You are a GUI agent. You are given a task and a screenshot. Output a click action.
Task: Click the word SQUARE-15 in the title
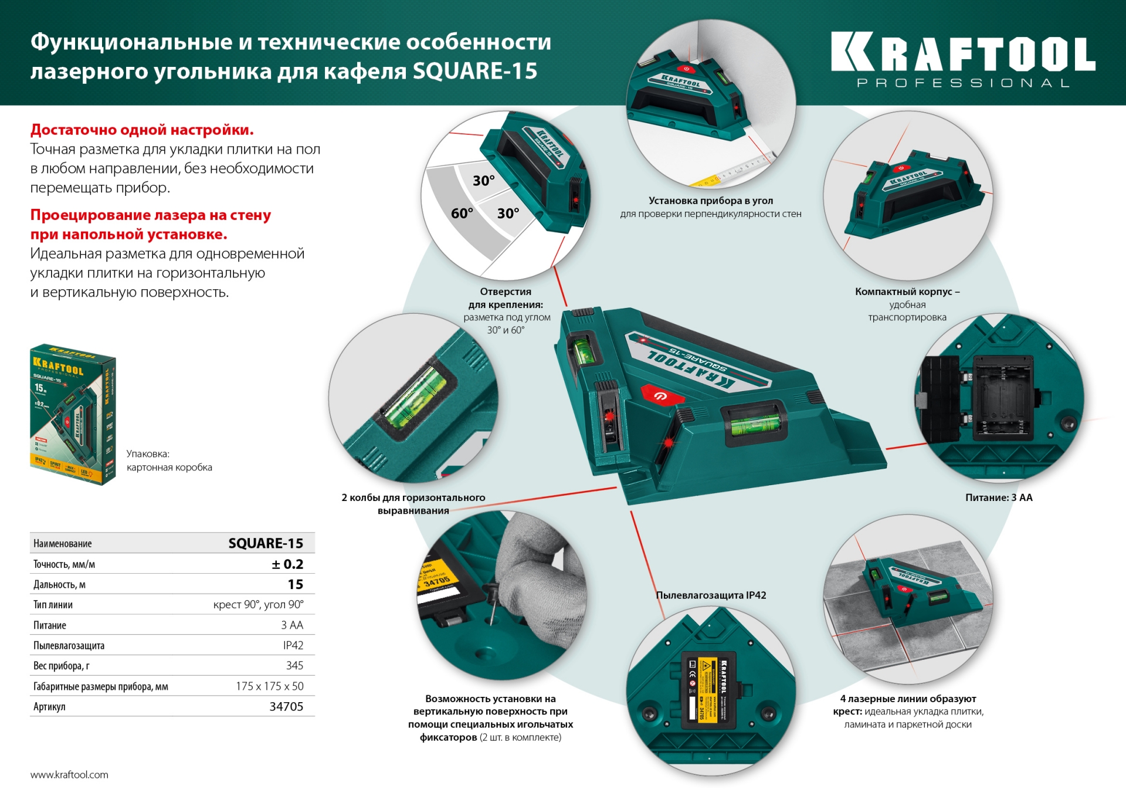[475, 72]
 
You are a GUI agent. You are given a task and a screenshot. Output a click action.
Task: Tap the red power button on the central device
[661, 395]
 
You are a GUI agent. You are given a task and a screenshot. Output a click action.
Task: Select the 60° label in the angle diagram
[462, 214]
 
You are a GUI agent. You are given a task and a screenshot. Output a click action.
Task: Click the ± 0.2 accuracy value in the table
[287, 564]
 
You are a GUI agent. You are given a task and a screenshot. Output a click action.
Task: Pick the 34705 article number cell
[286, 706]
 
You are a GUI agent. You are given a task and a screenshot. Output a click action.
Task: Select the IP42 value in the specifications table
[293, 645]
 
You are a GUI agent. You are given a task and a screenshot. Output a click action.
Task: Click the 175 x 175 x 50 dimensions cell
[270, 686]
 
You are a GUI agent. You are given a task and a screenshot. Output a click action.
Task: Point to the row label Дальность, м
[59, 584]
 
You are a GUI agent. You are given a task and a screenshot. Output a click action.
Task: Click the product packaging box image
[73, 414]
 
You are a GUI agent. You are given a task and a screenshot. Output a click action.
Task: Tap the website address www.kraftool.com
[69, 774]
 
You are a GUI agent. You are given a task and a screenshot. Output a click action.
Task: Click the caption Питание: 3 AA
[998, 497]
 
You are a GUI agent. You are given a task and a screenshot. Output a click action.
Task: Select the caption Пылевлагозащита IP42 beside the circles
[711, 595]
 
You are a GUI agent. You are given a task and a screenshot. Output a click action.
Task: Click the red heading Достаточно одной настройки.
[142, 130]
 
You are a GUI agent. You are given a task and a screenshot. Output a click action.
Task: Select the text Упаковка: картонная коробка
[169, 460]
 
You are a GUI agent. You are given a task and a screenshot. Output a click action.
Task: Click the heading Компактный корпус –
[907, 292]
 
